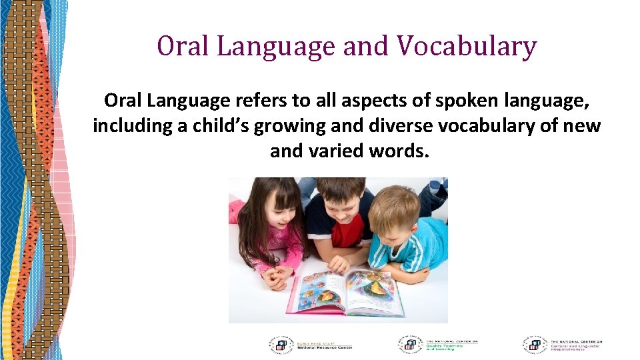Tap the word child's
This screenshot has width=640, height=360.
pyautogui.click(x=224, y=126)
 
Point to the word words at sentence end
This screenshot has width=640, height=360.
pyautogui.click(x=403, y=151)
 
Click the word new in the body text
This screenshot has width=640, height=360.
pyautogui.click(x=585, y=126)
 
